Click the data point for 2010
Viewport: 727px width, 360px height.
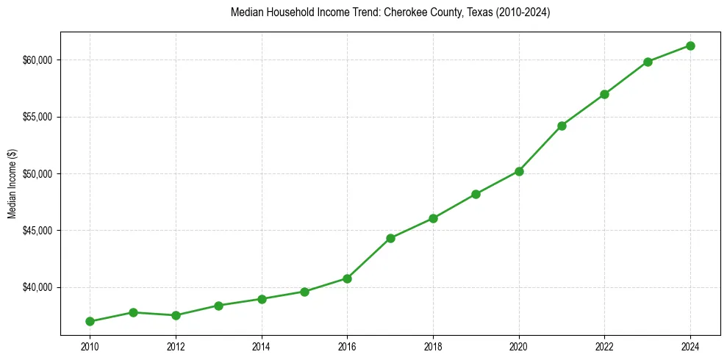pos(90,321)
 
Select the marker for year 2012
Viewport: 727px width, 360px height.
pos(176,315)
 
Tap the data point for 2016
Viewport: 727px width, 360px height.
pos(347,278)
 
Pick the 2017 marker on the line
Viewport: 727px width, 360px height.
pos(390,238)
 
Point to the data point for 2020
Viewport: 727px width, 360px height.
pos(519,171)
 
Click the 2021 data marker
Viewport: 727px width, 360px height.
pos(562,126)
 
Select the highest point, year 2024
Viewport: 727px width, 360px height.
pos(690,46)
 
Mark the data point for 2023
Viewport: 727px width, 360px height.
pos(648,62)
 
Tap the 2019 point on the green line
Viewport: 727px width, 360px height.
pos(476,194)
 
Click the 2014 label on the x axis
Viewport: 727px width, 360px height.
pos(262,345)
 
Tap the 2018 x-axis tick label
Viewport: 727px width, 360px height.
pos(433,345)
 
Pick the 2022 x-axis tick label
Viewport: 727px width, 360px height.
pos(604,345)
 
